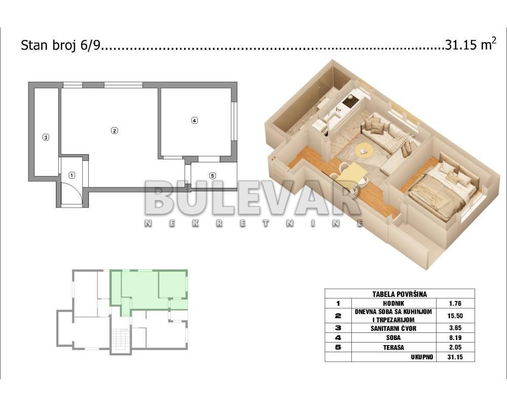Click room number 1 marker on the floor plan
pos(72,176)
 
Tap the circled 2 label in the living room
pos(115,131)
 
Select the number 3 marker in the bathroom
pos(46,137)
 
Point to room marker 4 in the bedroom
pos(194,121)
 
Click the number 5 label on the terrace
pos(212,176)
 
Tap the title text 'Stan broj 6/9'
pos(61,45)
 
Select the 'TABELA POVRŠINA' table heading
pos(400,294)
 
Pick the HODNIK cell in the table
pos(393,303)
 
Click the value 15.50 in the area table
pos(455,316)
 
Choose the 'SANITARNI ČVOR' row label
pos(393,328)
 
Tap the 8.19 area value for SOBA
pos(455,337)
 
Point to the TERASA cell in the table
pos(393,347)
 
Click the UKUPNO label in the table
pos(422,357)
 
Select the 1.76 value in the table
pos(455,303)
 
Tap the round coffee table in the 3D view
pos(364,149)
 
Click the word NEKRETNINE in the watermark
pos(253,223)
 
